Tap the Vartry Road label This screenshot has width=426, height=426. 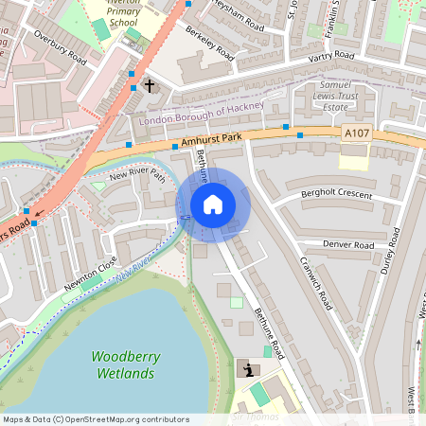tap(331, 57)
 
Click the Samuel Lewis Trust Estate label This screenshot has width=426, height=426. tap(330, 98)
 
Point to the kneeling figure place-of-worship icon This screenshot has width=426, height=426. tap(250, 369)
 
